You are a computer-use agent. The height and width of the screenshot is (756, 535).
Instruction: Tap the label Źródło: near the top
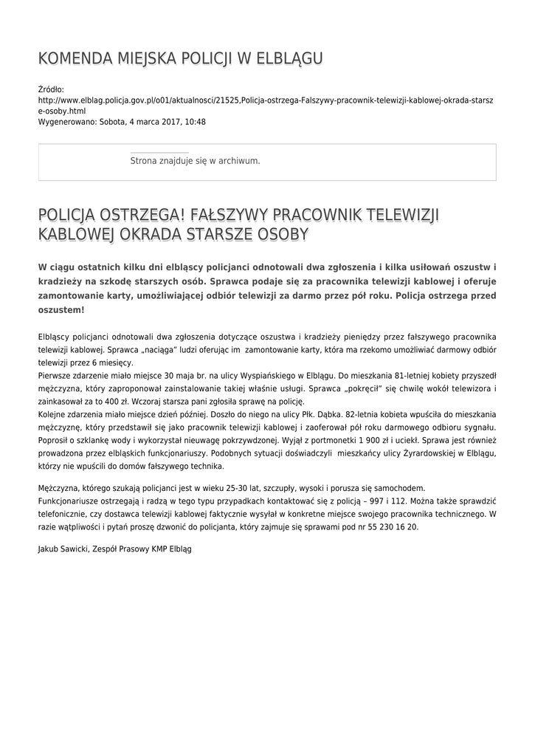click(51, 89)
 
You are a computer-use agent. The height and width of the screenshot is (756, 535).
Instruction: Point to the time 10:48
click(195, 122)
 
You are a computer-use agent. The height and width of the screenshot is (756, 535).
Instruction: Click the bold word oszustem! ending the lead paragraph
click(61, 311)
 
